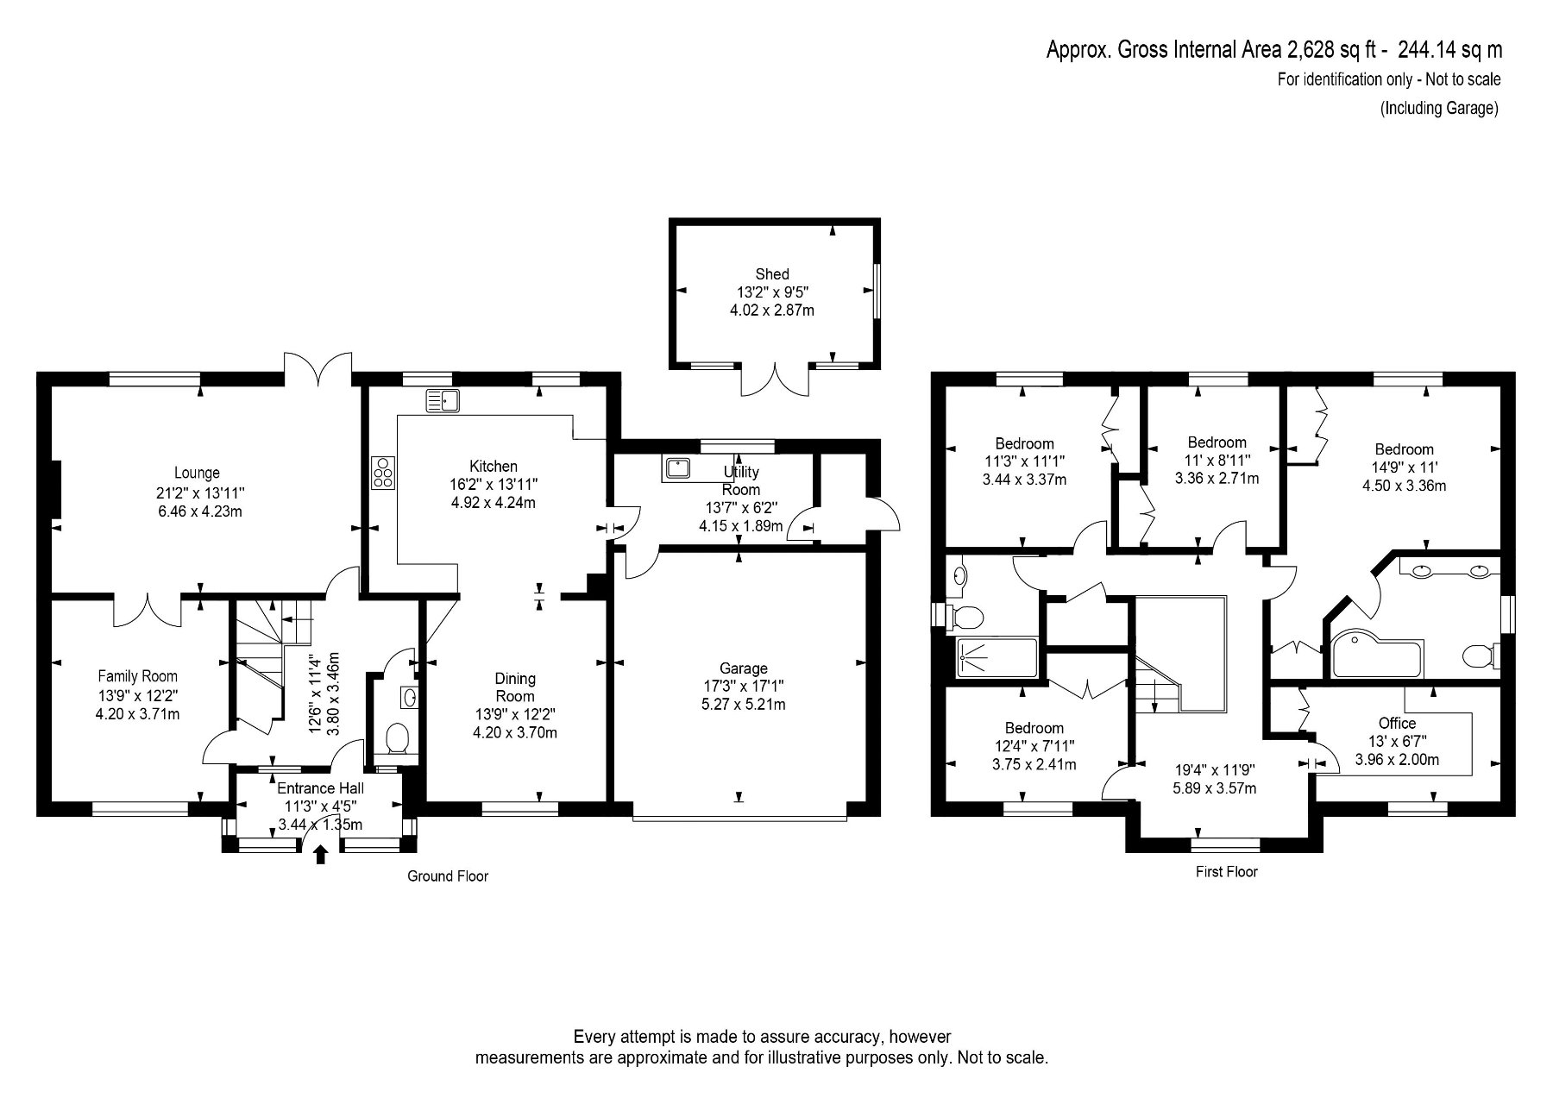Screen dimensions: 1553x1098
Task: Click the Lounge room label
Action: click(x=197, y=473)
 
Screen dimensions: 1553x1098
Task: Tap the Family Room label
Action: click(x=137, y=676)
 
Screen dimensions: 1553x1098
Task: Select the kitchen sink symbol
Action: click(x=443, y=400)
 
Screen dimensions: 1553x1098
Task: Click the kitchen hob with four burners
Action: click(x=384, y=474)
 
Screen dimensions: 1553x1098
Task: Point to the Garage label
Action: click(x=743, y=668)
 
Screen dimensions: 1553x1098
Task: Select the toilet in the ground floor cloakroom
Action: click(x=397, y=738)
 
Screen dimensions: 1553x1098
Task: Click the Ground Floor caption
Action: click(x=448, y=876)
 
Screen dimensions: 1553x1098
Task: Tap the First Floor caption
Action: click(x=1226, y=871)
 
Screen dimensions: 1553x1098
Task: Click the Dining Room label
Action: click(x=515, y=687)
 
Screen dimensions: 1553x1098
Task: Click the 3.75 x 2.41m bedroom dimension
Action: click(x=1034, y=764)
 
